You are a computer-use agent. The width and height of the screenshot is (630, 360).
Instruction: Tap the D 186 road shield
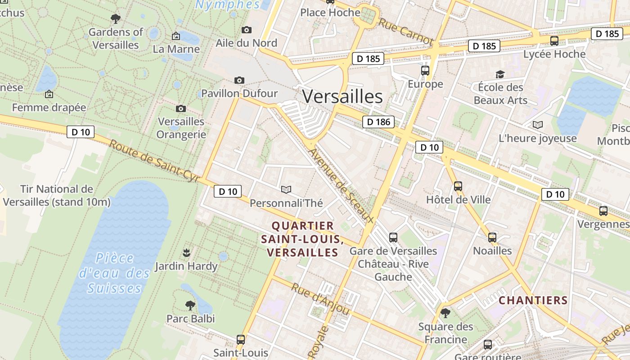click(x=378, y=121)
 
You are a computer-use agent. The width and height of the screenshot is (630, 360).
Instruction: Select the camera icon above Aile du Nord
click(x=247, y=30)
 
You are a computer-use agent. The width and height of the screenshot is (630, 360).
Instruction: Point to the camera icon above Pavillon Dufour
click(x=239, y=80)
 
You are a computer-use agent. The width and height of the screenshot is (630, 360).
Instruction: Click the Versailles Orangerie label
click(x=181, y=128)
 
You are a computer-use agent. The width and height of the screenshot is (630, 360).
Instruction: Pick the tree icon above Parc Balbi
click(x=190, y=306)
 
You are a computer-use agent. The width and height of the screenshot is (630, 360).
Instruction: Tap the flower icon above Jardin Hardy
click(x=186, y=253)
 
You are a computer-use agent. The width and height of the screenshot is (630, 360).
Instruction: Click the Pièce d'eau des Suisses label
click(x=114, y=273)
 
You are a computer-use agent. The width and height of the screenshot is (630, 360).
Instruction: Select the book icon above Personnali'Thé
click(x=286, y=190)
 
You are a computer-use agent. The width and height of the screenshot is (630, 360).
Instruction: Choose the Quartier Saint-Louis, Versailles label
click(x=302, y=239)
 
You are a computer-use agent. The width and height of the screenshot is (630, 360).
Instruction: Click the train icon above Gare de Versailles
click(x=393, y=237)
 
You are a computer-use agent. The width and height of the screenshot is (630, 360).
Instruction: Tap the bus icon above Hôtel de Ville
click(x=458, y=186)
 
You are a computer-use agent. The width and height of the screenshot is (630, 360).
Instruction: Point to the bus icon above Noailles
click(x=492, y=237)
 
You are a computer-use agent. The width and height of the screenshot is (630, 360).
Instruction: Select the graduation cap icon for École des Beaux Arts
click(x=500, y=74)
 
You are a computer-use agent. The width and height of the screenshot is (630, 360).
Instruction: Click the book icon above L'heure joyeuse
click(x=537, y=125)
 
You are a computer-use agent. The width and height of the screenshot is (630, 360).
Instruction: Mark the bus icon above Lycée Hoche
click(x=554, y=41)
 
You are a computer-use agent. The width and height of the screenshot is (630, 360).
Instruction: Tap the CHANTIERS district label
click(x=533, y=300)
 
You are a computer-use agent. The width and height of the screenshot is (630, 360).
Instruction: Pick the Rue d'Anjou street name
click(x=320, y=299)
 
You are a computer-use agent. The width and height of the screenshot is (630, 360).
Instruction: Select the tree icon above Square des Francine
click(x=445, y=313)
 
